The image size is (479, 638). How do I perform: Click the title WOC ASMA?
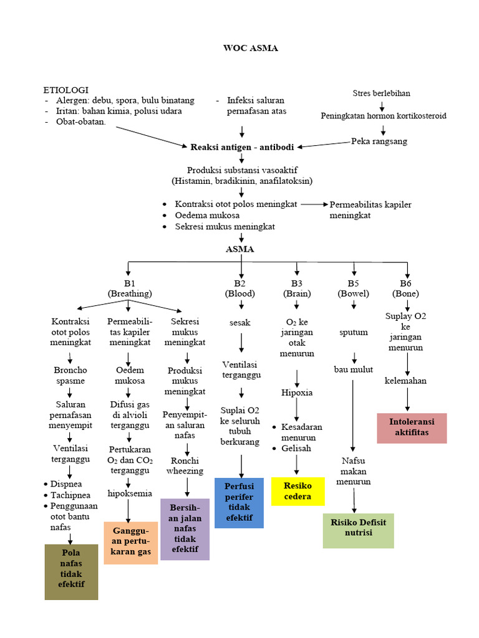pyautogui.click(x=251, y=49)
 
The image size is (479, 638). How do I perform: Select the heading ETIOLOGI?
pyautogui.click(x=66, y=90)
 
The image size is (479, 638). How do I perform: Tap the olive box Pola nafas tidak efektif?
pyautogui.click(x=71, y=571)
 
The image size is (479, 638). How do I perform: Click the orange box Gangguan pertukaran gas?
pyautogui.click(x=130, y=543)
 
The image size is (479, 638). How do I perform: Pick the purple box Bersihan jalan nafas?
pyautogui.click(x=185, y=529)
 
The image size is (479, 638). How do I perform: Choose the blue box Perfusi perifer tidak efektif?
pyautogui.click(x=239, y=503)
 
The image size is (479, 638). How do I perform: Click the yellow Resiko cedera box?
pyautogui.click(x=298, y=492)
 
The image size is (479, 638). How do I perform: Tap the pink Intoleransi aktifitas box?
pyautogui.click(x=412, y=427)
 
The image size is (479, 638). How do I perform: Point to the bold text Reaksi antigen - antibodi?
pyautogui.click(x=242, y=147)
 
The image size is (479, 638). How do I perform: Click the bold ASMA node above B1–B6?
pyautogui.click(x=240, y=249)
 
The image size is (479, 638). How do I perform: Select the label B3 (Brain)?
pyautogui.click(x=297, y=288)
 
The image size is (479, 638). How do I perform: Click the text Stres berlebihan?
pyautogui.click(x=382, y=93)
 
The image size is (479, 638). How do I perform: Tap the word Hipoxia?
pyautogui.click(x=297, y=393)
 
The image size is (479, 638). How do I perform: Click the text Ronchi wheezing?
pyautogui.click(x=185, y=465)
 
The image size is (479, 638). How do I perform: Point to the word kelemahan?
pyautogui.click(x=405, y=381)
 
